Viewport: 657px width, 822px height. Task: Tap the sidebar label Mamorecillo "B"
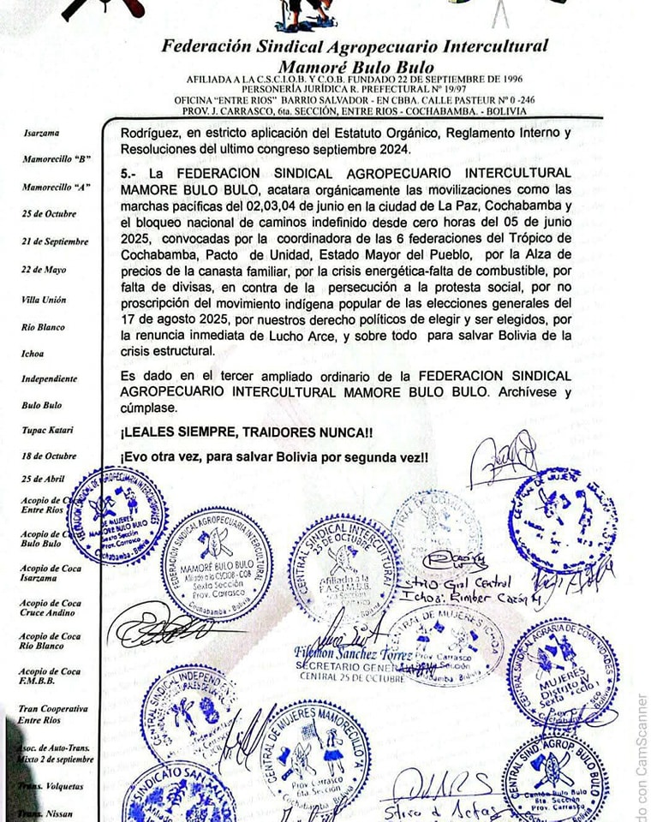[x=57, y=160]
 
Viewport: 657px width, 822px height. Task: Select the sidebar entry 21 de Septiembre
[x=55, y=241]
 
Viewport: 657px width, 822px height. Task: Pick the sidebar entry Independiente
[x=50, y=378]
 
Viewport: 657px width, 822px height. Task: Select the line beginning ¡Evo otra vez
[x=274, y=458]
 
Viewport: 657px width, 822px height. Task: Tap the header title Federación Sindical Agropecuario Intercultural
[x=355, y=46]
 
